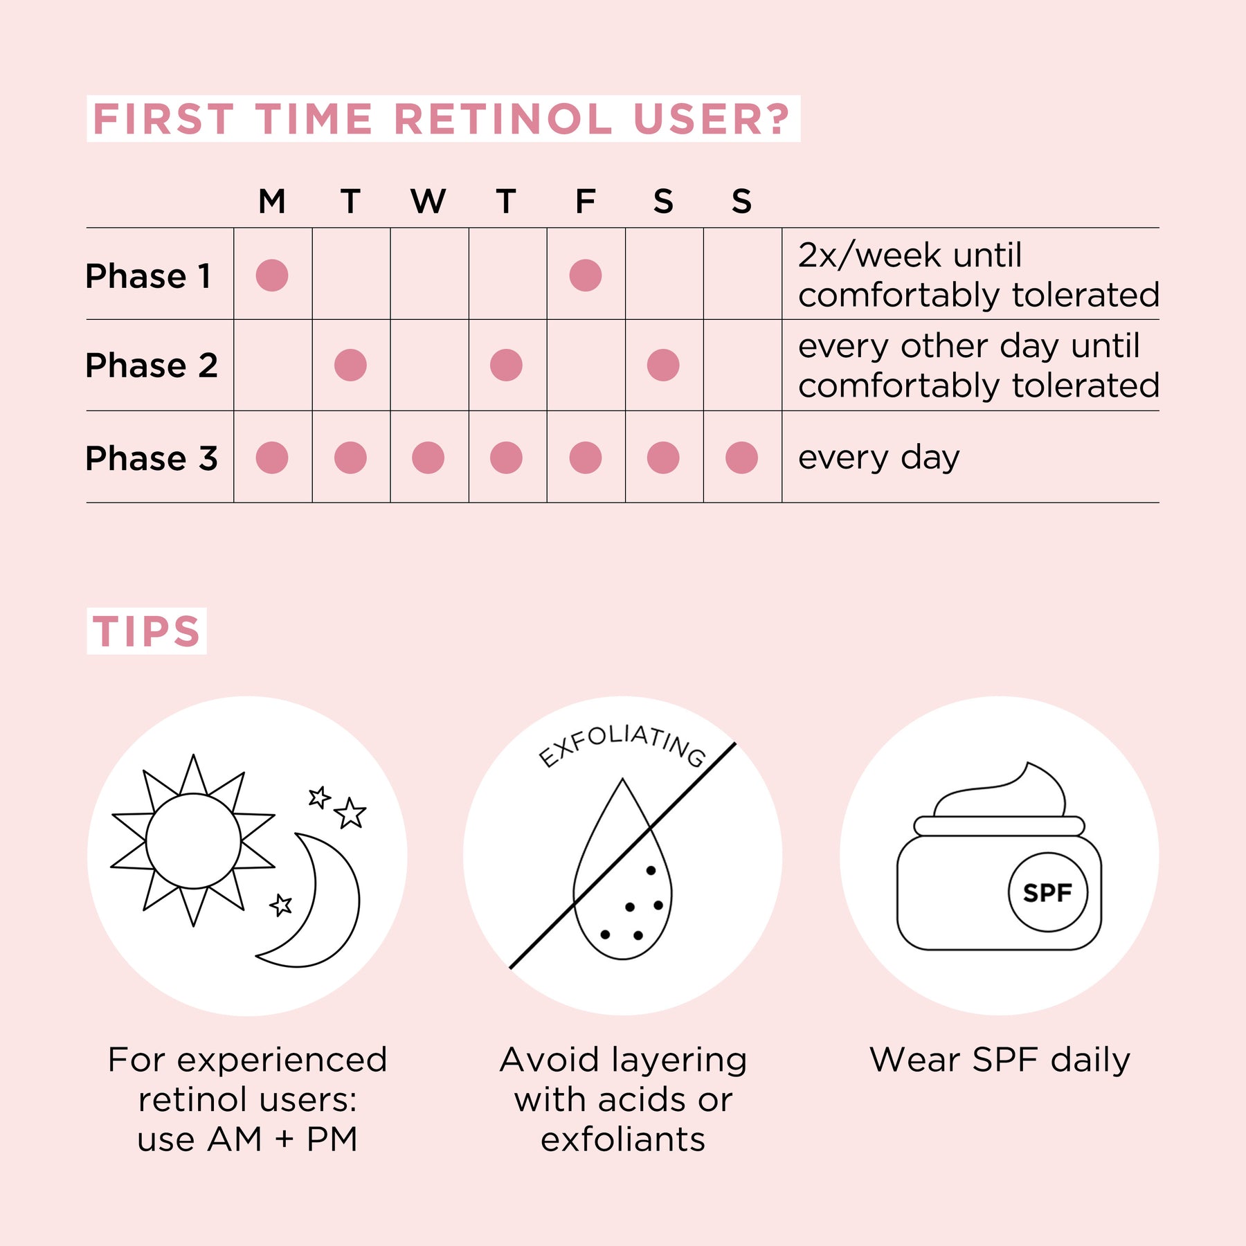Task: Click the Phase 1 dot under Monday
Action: [x=272, y=276]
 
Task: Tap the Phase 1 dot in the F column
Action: [x=586, y=276]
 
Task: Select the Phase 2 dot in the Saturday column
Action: [x=663, y=365]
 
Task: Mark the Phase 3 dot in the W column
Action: [x=428, y=458]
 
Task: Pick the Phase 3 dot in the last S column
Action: [x=741, y=458]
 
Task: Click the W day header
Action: [x=428, y=201]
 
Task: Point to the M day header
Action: [x=272, y=201]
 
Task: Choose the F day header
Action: [x=586, y=201]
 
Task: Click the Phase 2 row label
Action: [x=152, y=365]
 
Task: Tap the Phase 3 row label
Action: [x=152, y=458]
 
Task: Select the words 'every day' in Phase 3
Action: [x=878, y=458]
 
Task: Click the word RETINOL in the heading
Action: [x=503, y=119]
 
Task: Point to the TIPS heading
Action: [x=147, y=631]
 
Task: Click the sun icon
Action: [x=193, y=841]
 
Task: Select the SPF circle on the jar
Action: [x=1047, y=892]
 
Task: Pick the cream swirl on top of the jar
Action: [x=1001, y=793]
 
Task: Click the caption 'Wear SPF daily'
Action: [x=1000, y=1060]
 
